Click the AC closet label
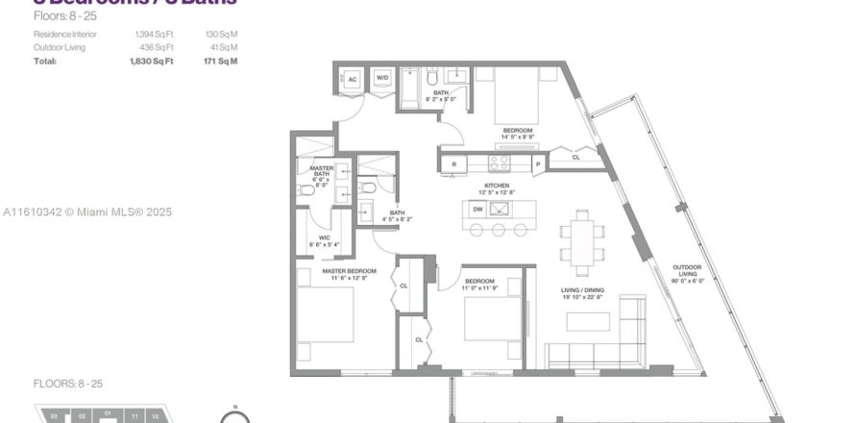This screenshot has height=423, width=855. (353, 79)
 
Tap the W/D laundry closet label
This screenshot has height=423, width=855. (381, 79)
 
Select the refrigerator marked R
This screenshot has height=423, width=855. (453, 164)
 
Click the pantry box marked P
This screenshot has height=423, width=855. (538, 164)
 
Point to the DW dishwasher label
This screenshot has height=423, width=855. (477, 209)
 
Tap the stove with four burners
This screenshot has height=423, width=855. (501, 163)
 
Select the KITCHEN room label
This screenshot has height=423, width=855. (496, 186)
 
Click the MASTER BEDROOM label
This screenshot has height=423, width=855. (349, 272)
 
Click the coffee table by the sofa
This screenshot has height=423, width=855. (586, 323)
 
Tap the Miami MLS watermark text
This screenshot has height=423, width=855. (86, 211)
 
